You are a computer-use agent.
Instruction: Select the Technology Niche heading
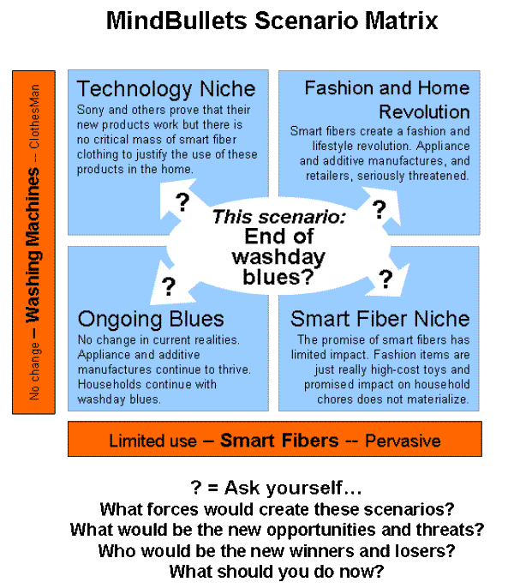pos(166,89)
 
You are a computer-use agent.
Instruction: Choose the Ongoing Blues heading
pos(151,319)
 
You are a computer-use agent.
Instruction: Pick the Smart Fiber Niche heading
pos(380,319)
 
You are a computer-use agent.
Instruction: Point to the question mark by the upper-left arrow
pos(182,202)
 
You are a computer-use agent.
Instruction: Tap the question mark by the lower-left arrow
pos(169,285)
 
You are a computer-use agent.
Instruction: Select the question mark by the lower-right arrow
pos(385,279)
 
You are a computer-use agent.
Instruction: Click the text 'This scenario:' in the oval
pos(278,218)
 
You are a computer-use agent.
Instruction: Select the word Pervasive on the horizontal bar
pos(403,441)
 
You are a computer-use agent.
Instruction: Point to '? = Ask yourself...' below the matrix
pos(276,489)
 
